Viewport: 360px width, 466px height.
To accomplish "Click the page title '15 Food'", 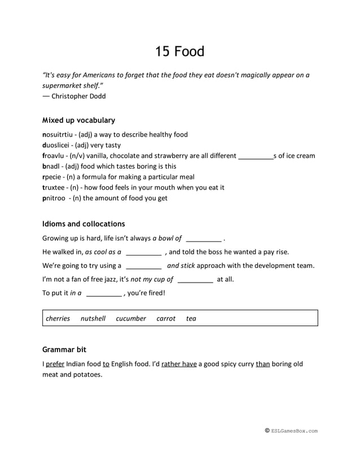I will click(179, 51).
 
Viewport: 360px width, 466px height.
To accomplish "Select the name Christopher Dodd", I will click(78, 96).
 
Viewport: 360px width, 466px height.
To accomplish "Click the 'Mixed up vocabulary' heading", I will click(78, 120).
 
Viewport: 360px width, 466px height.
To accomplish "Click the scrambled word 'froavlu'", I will click(54, 156).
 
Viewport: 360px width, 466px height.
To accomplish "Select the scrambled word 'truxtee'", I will click(54, 187).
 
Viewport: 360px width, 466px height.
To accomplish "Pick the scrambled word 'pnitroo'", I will click(55, 198).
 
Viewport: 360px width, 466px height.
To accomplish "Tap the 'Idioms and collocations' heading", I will click(84, 224).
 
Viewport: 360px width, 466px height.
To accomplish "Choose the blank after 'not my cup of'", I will click(195, 279).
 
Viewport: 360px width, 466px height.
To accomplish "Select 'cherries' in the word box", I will click(58, 318).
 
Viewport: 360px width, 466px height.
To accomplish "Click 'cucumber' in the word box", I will click(131, 318).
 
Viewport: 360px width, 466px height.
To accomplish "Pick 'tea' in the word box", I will click(191, 318).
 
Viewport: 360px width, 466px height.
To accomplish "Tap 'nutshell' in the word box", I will click(93, 318).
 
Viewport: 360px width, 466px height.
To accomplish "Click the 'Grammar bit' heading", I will click(64, 350).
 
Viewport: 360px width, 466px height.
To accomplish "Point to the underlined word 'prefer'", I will click(55, 364).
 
